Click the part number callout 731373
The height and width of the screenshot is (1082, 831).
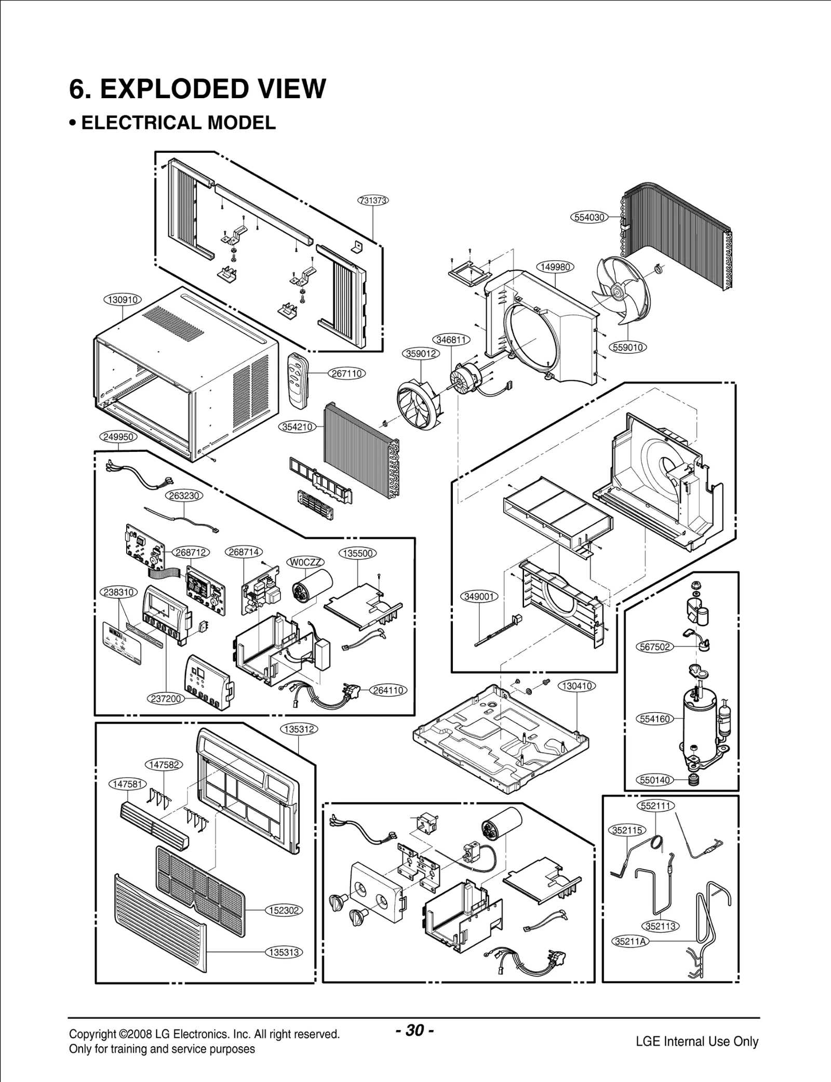373,201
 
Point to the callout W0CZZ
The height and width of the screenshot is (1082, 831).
305,562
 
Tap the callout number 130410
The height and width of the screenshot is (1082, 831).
577,686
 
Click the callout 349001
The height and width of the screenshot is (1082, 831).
479,597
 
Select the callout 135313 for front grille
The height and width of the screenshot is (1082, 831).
284,952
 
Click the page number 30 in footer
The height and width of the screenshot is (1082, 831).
414,1030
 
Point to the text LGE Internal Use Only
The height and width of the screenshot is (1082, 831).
696,1041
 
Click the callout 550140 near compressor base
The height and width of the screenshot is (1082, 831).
655,780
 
